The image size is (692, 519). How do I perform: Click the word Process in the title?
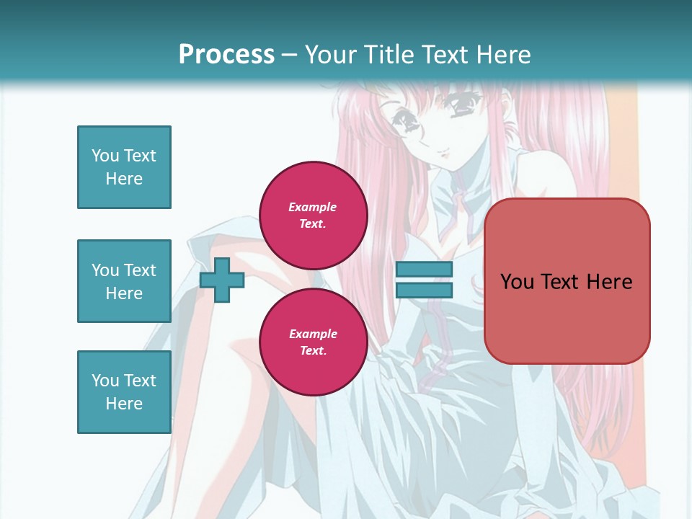pyautogui.click(x=226, y=54)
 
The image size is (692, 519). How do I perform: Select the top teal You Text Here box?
pyautogui.click(x=124, y=167)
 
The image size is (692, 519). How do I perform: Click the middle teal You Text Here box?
pyautogui.click(x=124, y=281)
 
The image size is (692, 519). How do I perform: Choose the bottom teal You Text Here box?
pyautogui.click(x=124, y=392)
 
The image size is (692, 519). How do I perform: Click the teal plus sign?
pyautogui.click(x=222, y=280)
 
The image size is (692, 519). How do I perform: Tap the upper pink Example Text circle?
pyautogui.click(x=314, y=215)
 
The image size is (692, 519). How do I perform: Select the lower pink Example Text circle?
pyautogui.click(x=314, y=342)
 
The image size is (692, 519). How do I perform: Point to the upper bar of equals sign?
pyautogui.click(x=424, y=270)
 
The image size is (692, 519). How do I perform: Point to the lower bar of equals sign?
pyautogui.click(x=424, y=290)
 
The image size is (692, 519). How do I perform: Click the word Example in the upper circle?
pyautogui.click(x=313, y=207)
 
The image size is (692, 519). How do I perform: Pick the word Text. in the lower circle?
pyautogui.click(x=313, y=350)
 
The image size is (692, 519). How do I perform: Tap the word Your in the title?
pyautogui.click(x=329, y=54)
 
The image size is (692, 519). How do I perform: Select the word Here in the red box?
pyautogui.click(x=609, y=281)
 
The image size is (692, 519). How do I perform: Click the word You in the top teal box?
pyautogui.click(x=105, y=156)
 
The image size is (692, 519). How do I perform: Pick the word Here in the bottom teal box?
pyautogui.click(x=124, y=404)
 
